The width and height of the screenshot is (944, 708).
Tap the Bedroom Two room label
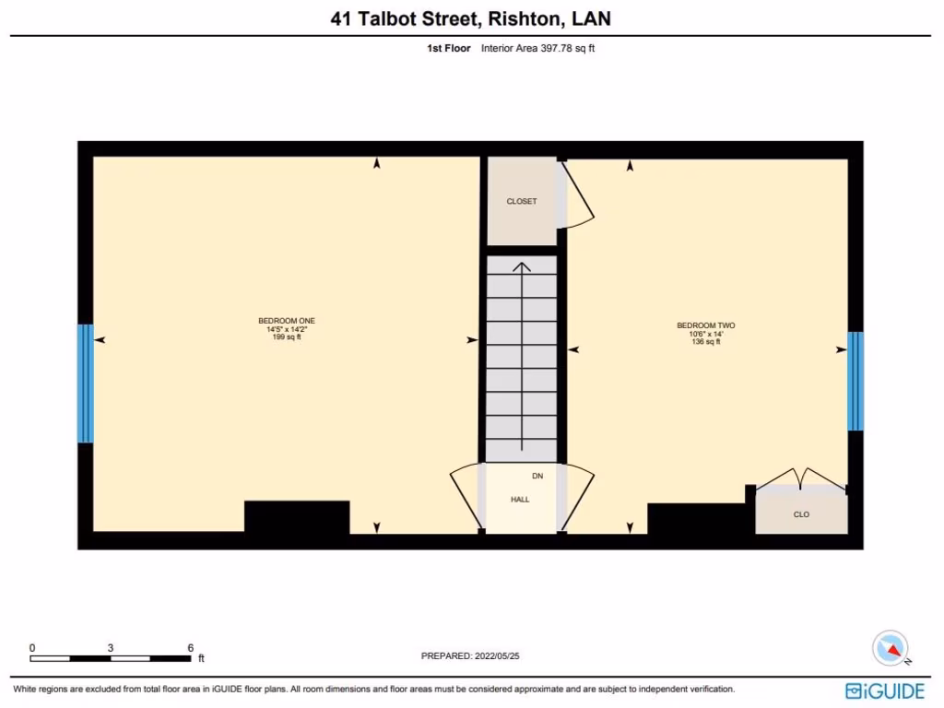tap(705, 325)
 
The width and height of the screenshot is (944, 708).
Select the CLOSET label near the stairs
tap(521, 201)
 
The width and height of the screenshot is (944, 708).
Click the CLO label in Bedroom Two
tap(801, 514)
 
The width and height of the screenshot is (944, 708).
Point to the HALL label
tap(520, 500)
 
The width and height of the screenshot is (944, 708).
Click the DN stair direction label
tap(537, 477)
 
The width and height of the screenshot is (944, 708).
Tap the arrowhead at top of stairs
tap(522, 267)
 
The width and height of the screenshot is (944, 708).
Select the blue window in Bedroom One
tap(85, 383)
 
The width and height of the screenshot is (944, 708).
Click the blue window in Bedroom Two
tap(855, 381)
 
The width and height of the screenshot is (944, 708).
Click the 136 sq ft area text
tap(705, 342)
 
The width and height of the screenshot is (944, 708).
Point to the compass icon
tap(891, 648)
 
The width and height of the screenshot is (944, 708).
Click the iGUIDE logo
tap(885, 690)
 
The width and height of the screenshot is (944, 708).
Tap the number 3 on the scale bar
tap(111, 648)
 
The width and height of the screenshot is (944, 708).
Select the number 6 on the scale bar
tap(190, 648)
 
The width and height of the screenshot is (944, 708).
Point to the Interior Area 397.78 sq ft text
tap(537, 49)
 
